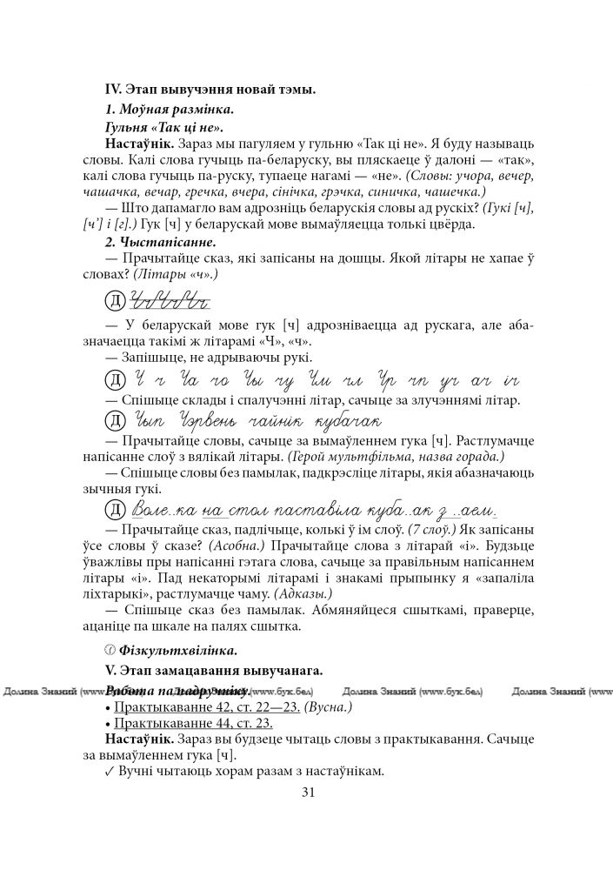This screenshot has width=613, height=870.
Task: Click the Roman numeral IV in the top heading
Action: (x=112, y=90)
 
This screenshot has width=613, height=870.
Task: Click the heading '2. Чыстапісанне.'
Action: (x=160, y=243)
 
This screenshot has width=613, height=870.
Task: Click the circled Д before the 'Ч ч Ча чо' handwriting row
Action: (x=114, y=380)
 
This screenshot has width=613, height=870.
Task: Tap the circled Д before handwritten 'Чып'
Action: (x=114, y=422)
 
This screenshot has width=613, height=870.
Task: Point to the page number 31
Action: (x=306, y=792)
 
